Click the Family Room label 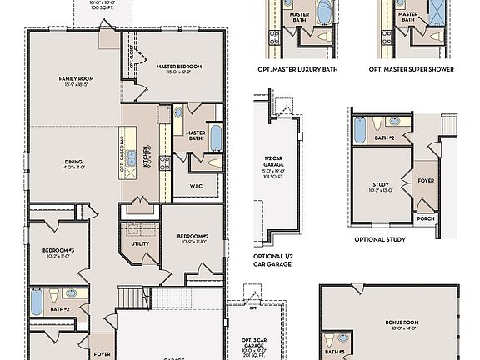(74, 82)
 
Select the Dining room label (72, 164)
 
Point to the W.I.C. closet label (197, 186)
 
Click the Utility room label (139, 244)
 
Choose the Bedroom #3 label (59, 252)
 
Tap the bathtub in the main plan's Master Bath (215, 137)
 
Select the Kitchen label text (147, 154)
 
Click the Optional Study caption (380, 240)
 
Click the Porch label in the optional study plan (426, 219)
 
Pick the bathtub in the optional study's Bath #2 (360, 130)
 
